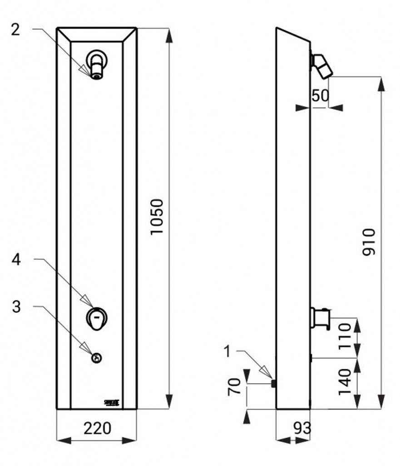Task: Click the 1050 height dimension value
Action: [157, 217]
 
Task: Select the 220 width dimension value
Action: [98, 428]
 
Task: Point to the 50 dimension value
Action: [320, 96]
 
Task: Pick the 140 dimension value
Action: [345, 381]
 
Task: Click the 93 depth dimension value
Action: [301, 428]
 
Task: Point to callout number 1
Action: [228, 351]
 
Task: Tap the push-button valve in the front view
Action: [96, 317]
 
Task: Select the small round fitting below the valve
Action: [96, 358]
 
